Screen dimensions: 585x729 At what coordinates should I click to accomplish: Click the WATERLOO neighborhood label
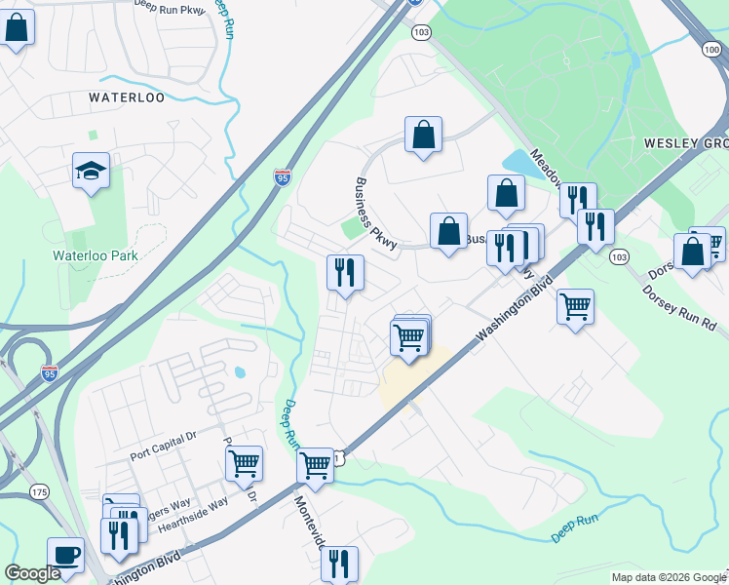tap(127, 97)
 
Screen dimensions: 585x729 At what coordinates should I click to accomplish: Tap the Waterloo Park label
tap(96, 255)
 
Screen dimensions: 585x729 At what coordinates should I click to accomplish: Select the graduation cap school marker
tap(91, 173)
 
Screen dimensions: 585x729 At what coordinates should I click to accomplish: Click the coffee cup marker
tap(65, 555)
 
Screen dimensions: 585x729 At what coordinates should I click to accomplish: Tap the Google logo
tap(32, 573)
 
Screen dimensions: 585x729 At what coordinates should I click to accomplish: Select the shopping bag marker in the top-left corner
tap(17, 26)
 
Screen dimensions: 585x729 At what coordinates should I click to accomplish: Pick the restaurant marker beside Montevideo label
tap(339, 563)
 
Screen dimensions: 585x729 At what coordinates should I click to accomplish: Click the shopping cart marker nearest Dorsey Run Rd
tap(575, 306)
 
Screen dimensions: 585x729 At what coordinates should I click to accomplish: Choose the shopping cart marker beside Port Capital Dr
tap(244, 463)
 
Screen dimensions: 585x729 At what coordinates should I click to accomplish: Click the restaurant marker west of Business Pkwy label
tap(344, 272)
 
